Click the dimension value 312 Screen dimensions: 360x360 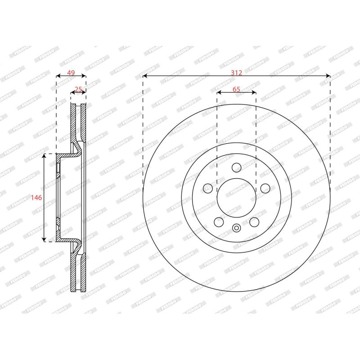point(237,73)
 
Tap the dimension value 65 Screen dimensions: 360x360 point(236,89)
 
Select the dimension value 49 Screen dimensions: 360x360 point(71,73)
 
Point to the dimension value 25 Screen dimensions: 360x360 point(78,89)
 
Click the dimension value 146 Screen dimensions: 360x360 point(36,198)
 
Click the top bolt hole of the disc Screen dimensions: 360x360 point(237,167)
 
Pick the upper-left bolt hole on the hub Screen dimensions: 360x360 point(208,188)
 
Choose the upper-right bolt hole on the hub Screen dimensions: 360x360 point(265,188)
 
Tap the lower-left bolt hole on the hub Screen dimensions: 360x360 point(219,222)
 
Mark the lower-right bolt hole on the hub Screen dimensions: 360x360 point(254,222)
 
